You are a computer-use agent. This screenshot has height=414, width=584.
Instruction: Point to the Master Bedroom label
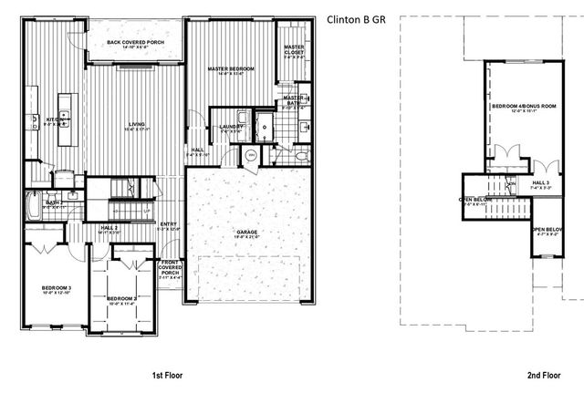230,70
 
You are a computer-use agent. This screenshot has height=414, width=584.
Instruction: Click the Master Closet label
293,48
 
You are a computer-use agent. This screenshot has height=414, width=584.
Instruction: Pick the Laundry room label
231,128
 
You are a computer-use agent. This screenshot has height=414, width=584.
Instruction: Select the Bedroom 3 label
55,290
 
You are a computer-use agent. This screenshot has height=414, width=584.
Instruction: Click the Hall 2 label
109,229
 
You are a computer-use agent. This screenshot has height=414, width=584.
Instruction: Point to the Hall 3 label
541,183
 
